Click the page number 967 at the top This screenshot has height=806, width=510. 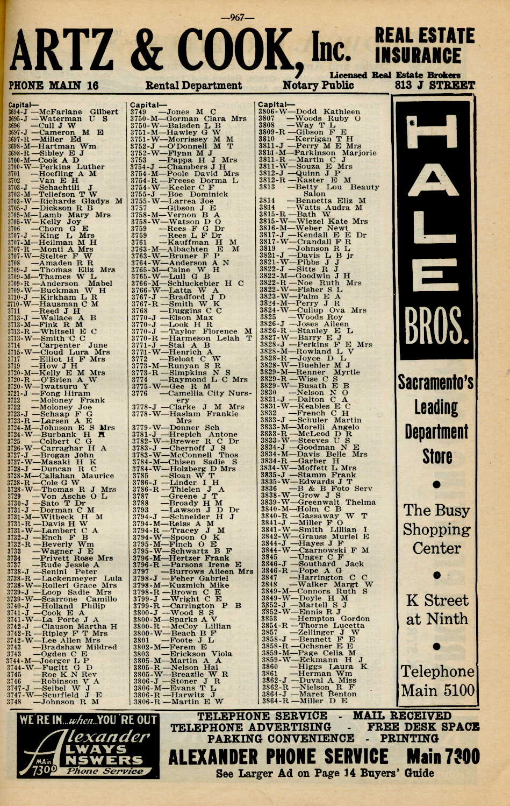[237, 17]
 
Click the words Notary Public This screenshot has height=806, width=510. [318, 86]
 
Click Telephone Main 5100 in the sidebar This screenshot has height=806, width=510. [437, 681]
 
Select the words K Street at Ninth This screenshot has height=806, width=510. [436, 610]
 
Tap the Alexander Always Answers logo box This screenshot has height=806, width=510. [88, 745]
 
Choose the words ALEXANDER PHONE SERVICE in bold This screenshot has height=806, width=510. [278, 757]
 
